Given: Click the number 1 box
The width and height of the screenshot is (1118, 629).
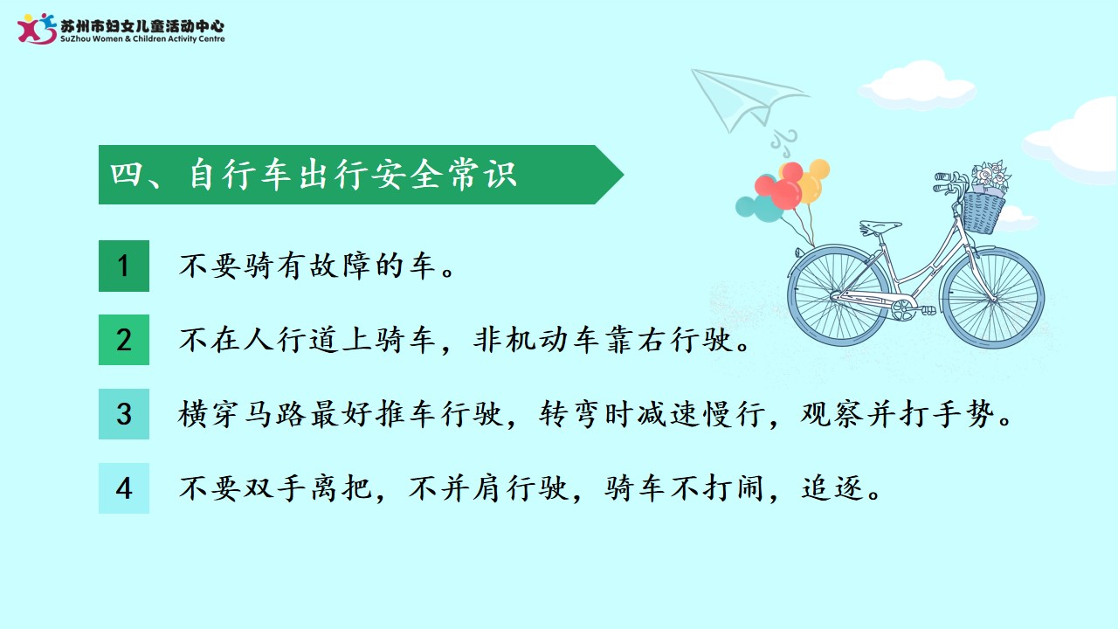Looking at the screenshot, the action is (124, 266).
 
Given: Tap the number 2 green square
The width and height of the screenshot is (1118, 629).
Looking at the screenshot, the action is (124, 340).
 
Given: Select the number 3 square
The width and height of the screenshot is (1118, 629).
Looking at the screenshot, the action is (124, 414).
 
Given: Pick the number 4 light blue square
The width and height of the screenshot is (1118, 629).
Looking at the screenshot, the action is (124, 488).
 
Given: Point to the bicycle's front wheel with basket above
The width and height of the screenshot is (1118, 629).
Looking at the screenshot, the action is (992, 298).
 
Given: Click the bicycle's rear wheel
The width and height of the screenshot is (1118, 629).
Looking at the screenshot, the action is (839, 295).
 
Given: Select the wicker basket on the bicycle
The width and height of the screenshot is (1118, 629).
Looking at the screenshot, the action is (983, 213).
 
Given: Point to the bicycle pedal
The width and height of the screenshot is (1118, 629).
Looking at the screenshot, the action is (928, 310).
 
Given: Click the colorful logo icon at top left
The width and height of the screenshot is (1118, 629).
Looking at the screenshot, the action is (37, 29).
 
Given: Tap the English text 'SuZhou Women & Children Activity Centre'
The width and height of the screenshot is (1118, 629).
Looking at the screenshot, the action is (142, 39).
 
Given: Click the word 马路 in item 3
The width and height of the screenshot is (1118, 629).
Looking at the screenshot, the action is (274, 414).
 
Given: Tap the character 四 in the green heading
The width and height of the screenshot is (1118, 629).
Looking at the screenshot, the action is (125, 174).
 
